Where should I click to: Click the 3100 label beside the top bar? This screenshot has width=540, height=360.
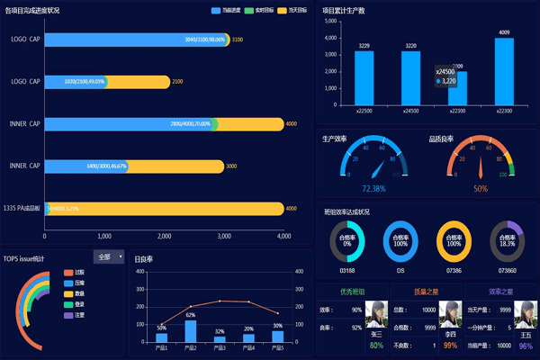[238, 40]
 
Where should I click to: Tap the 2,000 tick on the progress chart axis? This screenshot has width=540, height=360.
[164, 236]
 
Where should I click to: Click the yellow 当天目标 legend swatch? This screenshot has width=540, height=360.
[282, 10]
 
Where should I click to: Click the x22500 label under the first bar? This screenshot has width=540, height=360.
[364, 112]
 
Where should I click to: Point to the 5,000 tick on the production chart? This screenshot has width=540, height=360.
[329, 21]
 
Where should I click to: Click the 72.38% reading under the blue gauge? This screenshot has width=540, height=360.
[373, 189]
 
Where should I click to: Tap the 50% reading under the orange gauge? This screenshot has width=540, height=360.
[481, 189]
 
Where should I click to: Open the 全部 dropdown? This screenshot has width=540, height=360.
[108, 256]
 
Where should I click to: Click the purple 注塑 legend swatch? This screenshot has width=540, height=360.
[68, 315]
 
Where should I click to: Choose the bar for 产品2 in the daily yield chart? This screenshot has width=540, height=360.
[191, 331]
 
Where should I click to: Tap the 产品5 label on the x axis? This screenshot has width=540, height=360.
[277, 347]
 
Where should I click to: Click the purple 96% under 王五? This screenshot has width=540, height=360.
[525, 346]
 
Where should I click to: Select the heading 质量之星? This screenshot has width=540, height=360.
[427, 292]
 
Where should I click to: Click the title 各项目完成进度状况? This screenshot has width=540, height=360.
[32, 10]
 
